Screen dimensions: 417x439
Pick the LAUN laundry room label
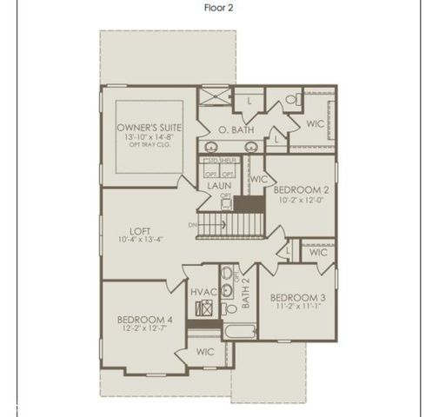[217, 186]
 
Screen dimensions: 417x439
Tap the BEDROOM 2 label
[299, 189]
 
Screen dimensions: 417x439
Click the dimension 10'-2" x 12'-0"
[299, 199]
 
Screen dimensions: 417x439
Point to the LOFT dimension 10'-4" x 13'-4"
[141, 240]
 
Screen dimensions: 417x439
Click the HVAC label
[203, 292]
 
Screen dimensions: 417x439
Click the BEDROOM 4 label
[144, 320]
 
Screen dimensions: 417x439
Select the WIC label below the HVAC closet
[205, 352]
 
